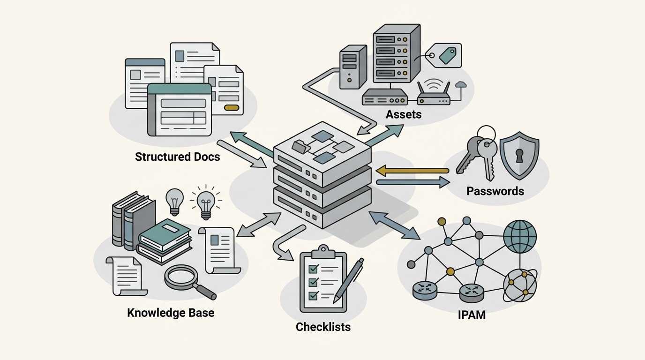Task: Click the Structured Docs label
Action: pyautogui.click(x=177, y=157)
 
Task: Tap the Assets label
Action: pyautogui.click(x=404, y=114)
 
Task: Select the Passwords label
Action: pyautogui.click(x=495, y=191)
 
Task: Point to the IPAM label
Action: pyautogui.click(x=472, y=315)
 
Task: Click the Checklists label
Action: pyautogui.click(x=323, y=326)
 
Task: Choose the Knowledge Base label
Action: pyautogui.click(x=171, y=312)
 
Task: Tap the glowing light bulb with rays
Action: pyautogui.click(x=205, y=203)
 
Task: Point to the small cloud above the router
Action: pyautogui.click(x=461, y=84)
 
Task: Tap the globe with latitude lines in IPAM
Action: pyautogui.click(x=519, y=237)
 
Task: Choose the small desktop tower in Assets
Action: pyautogui.click(x=352, y=66)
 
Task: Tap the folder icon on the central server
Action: pyautogui.click(x=300, y=147)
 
